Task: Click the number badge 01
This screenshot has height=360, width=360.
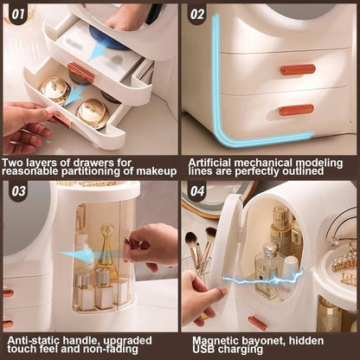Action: [18, 14]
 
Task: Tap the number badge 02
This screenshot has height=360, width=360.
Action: [197, 14]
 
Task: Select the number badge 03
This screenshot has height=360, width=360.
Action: [18, 191]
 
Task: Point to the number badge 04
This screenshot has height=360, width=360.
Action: [197, 191]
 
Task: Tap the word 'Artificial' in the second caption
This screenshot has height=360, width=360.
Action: [209, 163]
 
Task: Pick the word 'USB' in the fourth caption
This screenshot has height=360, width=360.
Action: [202, 349]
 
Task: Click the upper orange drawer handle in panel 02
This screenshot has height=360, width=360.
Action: [298, 70]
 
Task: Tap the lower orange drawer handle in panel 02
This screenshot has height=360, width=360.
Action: [297, 110]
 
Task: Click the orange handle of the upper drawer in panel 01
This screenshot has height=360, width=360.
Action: [81, 72]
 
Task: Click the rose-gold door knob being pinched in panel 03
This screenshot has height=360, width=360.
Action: [128, 249]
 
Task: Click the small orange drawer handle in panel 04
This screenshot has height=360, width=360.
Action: [257, 323]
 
